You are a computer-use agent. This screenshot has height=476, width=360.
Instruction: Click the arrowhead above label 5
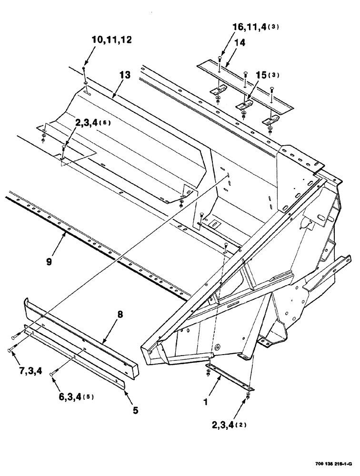point(125,391)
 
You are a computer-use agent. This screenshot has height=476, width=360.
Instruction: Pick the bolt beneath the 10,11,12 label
point(84,71)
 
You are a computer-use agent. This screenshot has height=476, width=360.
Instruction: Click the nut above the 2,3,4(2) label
point(249,396)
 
